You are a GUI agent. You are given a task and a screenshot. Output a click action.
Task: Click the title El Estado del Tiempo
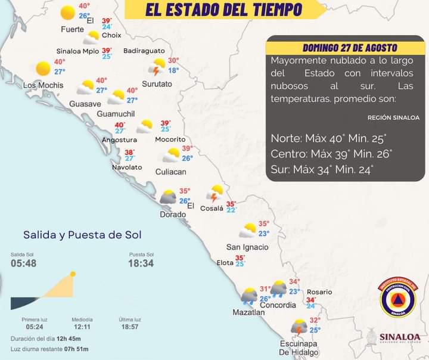(x=223, y=10)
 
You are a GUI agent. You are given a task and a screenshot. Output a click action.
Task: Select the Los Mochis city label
(x=43, y=85)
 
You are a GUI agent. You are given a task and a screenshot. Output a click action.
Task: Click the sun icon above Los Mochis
(x=43, y=69)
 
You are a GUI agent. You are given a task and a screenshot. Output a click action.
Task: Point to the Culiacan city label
(x=170, y=172)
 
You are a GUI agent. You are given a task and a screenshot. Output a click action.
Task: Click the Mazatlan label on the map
(x=248, y=312)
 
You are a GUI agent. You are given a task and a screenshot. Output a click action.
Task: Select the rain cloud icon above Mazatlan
(x=249, y=296)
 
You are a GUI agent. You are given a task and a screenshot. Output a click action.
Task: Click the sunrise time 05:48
(x=24, y=263)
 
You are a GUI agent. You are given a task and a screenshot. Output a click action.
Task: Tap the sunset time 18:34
(x=141, y=263)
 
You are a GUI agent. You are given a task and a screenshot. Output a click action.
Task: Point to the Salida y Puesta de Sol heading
(x=82, y=235)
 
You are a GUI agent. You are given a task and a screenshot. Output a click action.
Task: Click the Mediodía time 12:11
(x=82, y=327)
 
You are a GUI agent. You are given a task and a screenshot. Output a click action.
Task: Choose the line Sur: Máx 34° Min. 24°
(x=322, y=170)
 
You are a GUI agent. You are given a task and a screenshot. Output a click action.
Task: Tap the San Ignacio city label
(x=247, y=247)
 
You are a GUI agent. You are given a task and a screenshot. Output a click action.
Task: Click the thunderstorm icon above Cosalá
(x=215, y=193)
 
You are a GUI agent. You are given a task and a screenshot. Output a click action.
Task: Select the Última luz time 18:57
(x=129, y=327)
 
